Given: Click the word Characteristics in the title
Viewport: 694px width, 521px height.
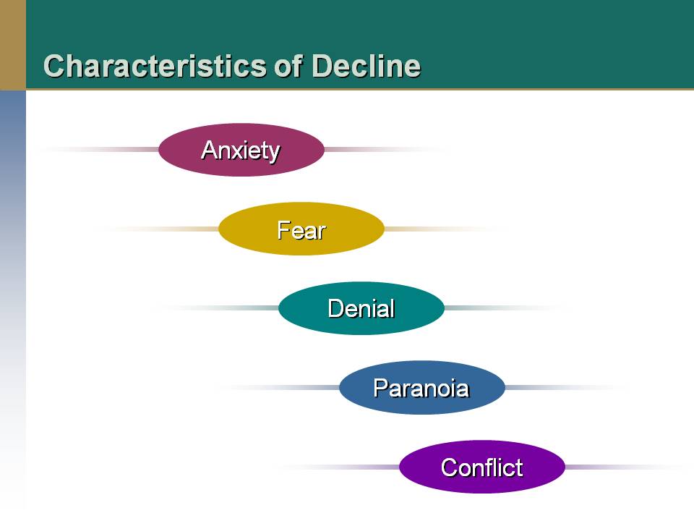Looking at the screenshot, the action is [x=155, y=66].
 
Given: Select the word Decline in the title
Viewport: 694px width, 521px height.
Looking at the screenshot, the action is [x=366, y=66].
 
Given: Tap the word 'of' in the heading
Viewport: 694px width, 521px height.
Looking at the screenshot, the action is [x=288, y=66].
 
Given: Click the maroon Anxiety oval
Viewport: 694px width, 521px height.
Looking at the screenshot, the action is [x=241, y=150].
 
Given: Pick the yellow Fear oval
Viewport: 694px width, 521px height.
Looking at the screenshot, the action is [x=301, y=229].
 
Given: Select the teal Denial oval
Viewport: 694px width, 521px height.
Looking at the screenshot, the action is [x=361, y=308].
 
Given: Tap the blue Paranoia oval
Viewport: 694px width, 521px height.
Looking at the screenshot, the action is [x=421, y=387].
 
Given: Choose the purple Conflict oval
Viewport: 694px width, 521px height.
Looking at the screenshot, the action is [x=482, y=467].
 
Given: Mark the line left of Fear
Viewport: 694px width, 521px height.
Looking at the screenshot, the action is [x=158, y=229].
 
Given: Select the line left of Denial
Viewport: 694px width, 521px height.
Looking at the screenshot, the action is [x=218, y=308].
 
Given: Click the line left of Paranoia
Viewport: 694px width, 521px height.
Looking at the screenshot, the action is [x=279, y=388].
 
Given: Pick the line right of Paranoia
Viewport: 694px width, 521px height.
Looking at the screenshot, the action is [x=567, y=388].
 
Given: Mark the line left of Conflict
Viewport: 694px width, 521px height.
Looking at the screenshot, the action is [x=339, y=467].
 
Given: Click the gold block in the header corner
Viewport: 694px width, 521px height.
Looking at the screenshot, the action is [x=13, y=45].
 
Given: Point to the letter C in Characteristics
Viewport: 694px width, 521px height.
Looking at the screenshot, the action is [x=53, y=66].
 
